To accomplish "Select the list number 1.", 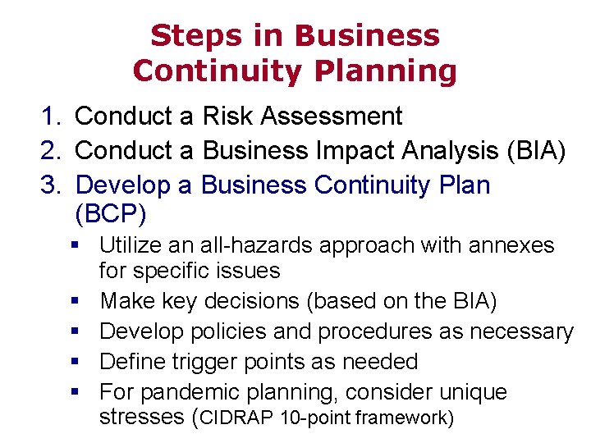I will (x=50, y=116).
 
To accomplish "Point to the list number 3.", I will (x=50, y=185).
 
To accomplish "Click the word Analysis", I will (x=450, y=151).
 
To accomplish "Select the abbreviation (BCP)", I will (x=111, y=214).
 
